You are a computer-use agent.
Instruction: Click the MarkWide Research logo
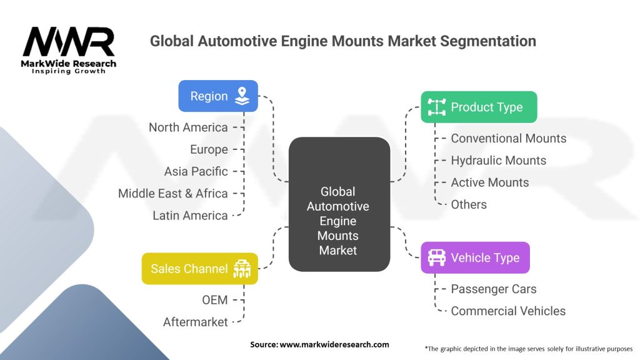69,50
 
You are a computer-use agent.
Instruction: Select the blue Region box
218,96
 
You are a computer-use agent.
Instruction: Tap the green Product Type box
479,107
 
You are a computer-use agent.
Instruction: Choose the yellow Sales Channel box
199,269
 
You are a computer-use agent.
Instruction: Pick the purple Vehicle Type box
475,257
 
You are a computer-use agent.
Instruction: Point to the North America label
188,127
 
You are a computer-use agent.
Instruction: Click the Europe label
209,149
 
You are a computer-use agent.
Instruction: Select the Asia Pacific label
196,171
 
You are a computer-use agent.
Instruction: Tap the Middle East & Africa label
173,193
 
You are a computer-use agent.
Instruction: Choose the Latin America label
190,216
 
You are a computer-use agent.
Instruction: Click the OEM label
214,300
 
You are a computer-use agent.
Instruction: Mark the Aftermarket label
195,322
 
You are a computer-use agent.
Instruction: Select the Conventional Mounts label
508,139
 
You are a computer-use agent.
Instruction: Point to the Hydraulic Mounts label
498,161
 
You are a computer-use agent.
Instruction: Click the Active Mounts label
489,182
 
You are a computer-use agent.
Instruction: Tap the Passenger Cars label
493,289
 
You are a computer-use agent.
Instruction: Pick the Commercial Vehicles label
507,311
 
